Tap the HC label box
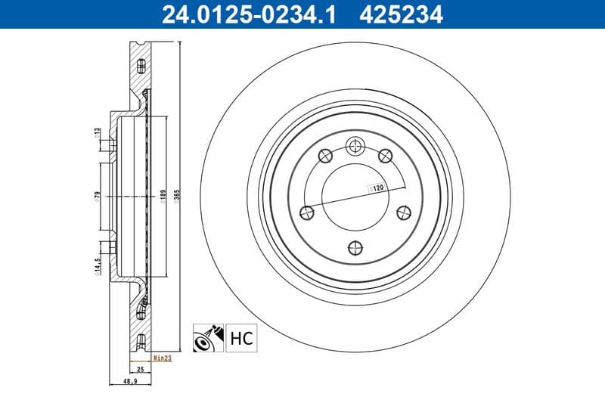click(241, 337)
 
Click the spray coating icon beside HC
click(208, 337)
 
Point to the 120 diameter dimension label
click(376, 186)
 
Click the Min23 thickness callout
click(162, 358)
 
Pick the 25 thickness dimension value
click(140, 370)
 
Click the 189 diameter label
click(162, 197)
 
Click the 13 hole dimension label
click(98, 132)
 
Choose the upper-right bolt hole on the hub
click(385, 156)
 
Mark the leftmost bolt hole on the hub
click(307, 212)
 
